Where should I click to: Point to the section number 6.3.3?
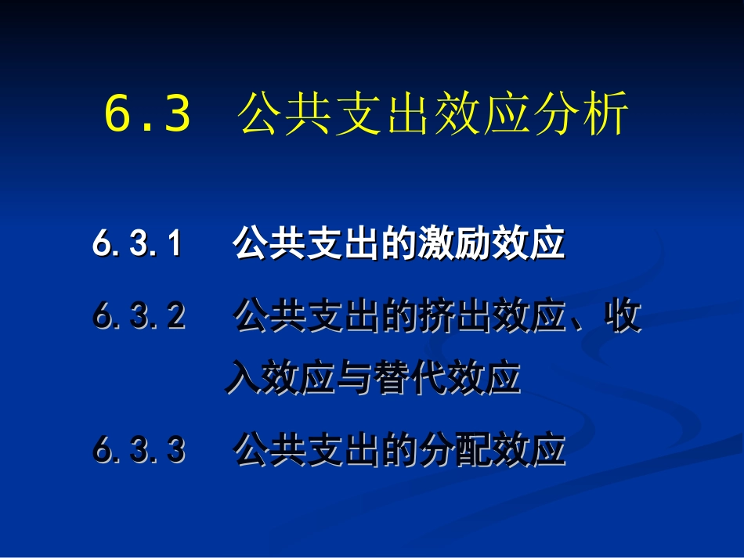coord(139,450)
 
